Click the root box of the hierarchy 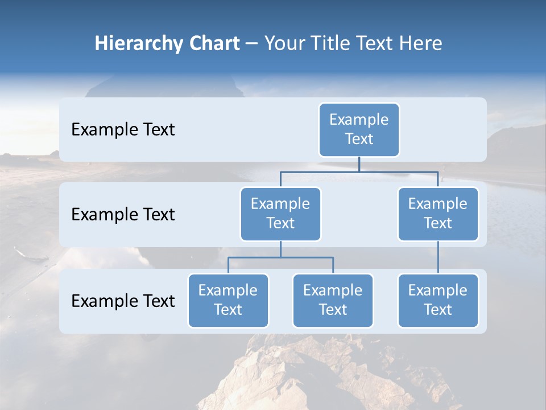point(359,129)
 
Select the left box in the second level point(280,214)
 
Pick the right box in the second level point(438,214)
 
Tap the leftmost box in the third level point(228,300)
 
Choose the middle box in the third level point(333,300)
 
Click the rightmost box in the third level point(438,300)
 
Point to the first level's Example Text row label point(123,130)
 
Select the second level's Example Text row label point(123,215)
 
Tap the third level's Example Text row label point(123,301)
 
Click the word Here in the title point(419,43)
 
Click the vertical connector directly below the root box point(359,164)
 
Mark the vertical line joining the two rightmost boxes point(438,257)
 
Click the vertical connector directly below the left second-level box point(280,249)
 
